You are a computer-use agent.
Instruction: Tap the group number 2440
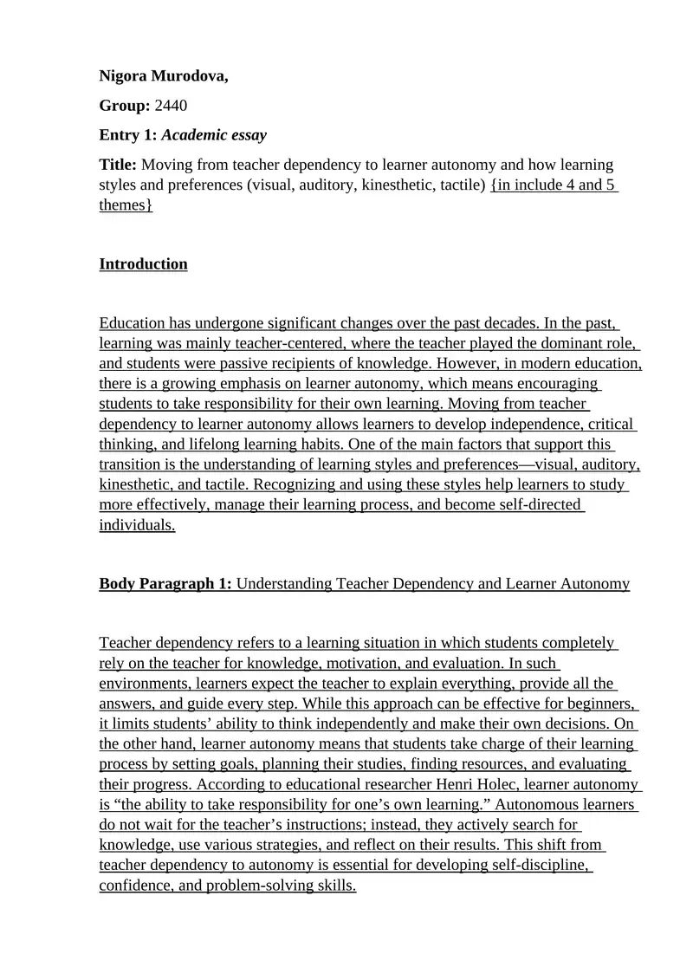coord(171,106)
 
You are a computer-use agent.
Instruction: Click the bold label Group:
coord(125,106)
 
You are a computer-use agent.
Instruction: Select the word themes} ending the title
coord(126,205)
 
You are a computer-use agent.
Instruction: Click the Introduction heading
coord(143,264)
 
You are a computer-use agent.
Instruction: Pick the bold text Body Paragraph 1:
coord(165,584)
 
